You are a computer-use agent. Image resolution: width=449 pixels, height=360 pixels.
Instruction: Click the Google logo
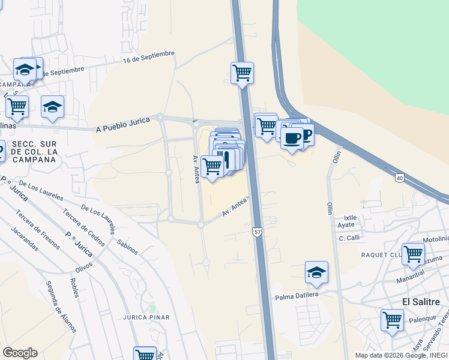[x=20, y=353]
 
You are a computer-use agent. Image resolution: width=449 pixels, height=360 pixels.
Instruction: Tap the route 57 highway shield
[x=257, y=232]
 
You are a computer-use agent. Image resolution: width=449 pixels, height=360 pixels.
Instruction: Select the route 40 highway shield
[x=399, y=178]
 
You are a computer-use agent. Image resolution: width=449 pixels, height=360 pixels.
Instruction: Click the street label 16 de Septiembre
[x=148, y=57]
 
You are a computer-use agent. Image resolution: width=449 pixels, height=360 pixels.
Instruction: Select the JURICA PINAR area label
[x=146, y=317]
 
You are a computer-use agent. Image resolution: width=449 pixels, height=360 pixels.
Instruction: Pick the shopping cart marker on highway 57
[x=242, y=73]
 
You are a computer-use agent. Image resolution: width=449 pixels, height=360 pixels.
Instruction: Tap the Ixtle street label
[x=349, y=218]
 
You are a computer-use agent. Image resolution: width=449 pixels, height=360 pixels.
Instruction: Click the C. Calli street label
[x=349, y=238]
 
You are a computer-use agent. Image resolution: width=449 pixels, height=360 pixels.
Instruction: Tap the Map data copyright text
[x=401, y=355]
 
